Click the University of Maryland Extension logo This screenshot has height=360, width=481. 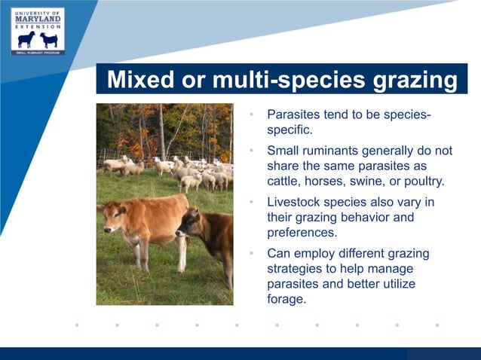point(38,31)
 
